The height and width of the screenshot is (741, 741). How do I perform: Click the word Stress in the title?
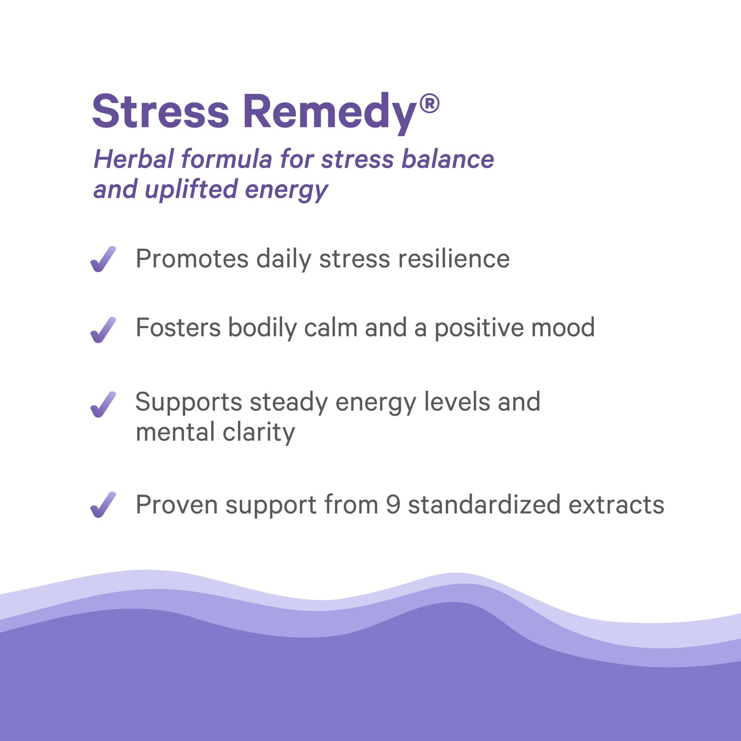pyautogui.click(x=161, y=111)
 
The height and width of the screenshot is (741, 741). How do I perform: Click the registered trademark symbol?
pyautogui.click(x=429, y=104)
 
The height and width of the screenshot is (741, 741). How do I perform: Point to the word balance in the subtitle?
pyautogui.click(x=448, y=159)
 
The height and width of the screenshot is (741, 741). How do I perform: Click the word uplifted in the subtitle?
pyautogui.click(x=191, y=190)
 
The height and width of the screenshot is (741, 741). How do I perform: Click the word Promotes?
pyautogui.click(x=192, y=258)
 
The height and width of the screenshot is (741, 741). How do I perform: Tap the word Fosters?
pyautogui.click(x=178, y=328)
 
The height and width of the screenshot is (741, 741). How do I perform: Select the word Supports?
pyautogui.click(x=189, y=403)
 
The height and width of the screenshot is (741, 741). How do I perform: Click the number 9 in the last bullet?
pyautogui.click(x=393, y=505)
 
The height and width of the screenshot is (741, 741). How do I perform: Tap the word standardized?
pyautogui.click(x=484, y=505)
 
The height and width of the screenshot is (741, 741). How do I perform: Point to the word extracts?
pyautogui.click(x=616, y=505)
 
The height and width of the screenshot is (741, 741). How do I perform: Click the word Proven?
pyautogui.click(x=177, y=505)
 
